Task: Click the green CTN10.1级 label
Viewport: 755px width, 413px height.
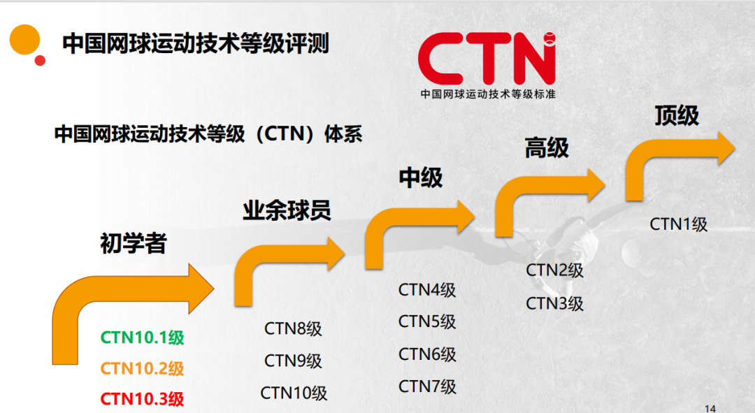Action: (143, 338)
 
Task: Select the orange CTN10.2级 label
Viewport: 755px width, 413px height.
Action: (143, 368)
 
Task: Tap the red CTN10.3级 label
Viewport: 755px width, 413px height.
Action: (143, 399)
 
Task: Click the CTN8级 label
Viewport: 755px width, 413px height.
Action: (293, 328)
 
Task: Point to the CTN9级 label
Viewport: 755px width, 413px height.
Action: (293, 361)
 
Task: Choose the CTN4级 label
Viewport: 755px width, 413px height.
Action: (427, 289)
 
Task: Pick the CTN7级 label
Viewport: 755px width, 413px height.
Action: (427, 386)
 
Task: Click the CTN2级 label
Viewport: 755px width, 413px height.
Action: (554, 270)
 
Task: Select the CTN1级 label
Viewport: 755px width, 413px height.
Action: (679, 224)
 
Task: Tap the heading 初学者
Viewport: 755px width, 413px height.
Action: (134, 243)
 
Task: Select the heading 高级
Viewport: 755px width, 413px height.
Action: (547, 147)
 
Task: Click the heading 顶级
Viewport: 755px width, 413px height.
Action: (676, 115)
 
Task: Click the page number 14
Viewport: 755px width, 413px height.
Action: (711, 408)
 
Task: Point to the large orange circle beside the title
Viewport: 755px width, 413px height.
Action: (23, 38)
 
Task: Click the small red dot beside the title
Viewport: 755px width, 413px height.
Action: (40, 60)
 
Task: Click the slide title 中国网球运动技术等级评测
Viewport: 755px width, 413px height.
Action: (196, 44)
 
